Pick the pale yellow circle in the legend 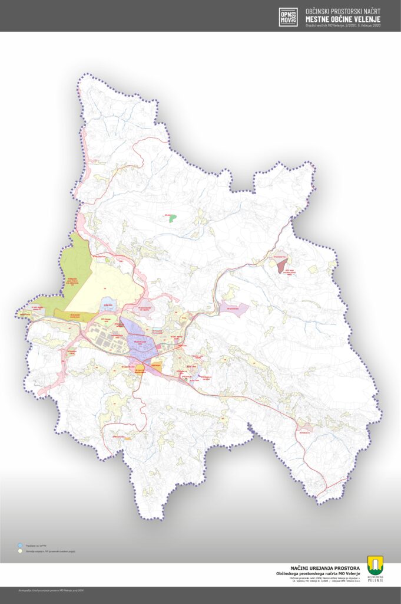coord(20,552)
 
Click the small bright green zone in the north coord(172,218)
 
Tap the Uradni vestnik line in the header coord(343,25)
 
